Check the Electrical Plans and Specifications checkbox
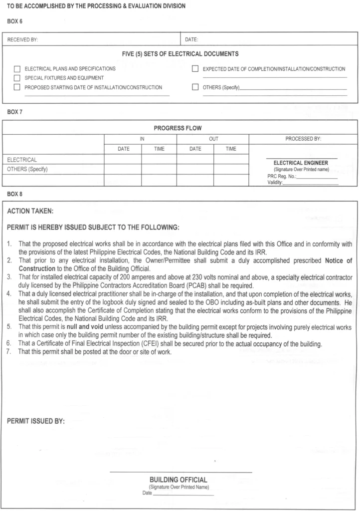point(17,69)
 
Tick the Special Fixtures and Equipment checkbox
point(17,78)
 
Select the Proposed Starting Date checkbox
point(17,87)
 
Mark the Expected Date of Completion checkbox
point(195,69)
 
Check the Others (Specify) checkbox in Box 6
point(195,87)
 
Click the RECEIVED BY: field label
point(22,38)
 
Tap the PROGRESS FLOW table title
point(178,128)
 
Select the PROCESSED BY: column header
point(303,139)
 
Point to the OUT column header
point(213,139)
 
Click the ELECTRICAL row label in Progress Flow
point(22,160)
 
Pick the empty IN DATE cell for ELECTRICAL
point(123,160)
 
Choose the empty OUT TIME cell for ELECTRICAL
point(230,160)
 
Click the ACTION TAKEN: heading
point(33,211)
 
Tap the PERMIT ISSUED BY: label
point(36,421)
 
